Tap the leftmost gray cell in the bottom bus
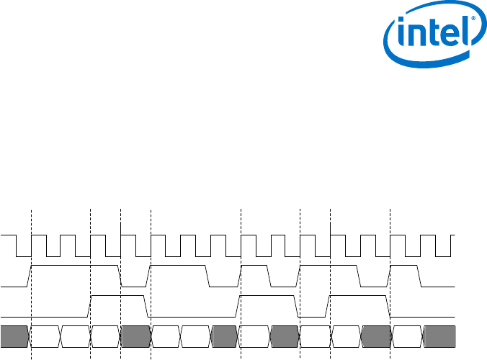[15, 336]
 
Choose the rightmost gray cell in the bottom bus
[439, 336]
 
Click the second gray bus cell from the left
[135, 336]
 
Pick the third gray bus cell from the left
[225, 336]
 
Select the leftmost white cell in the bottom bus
[45, 336]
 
